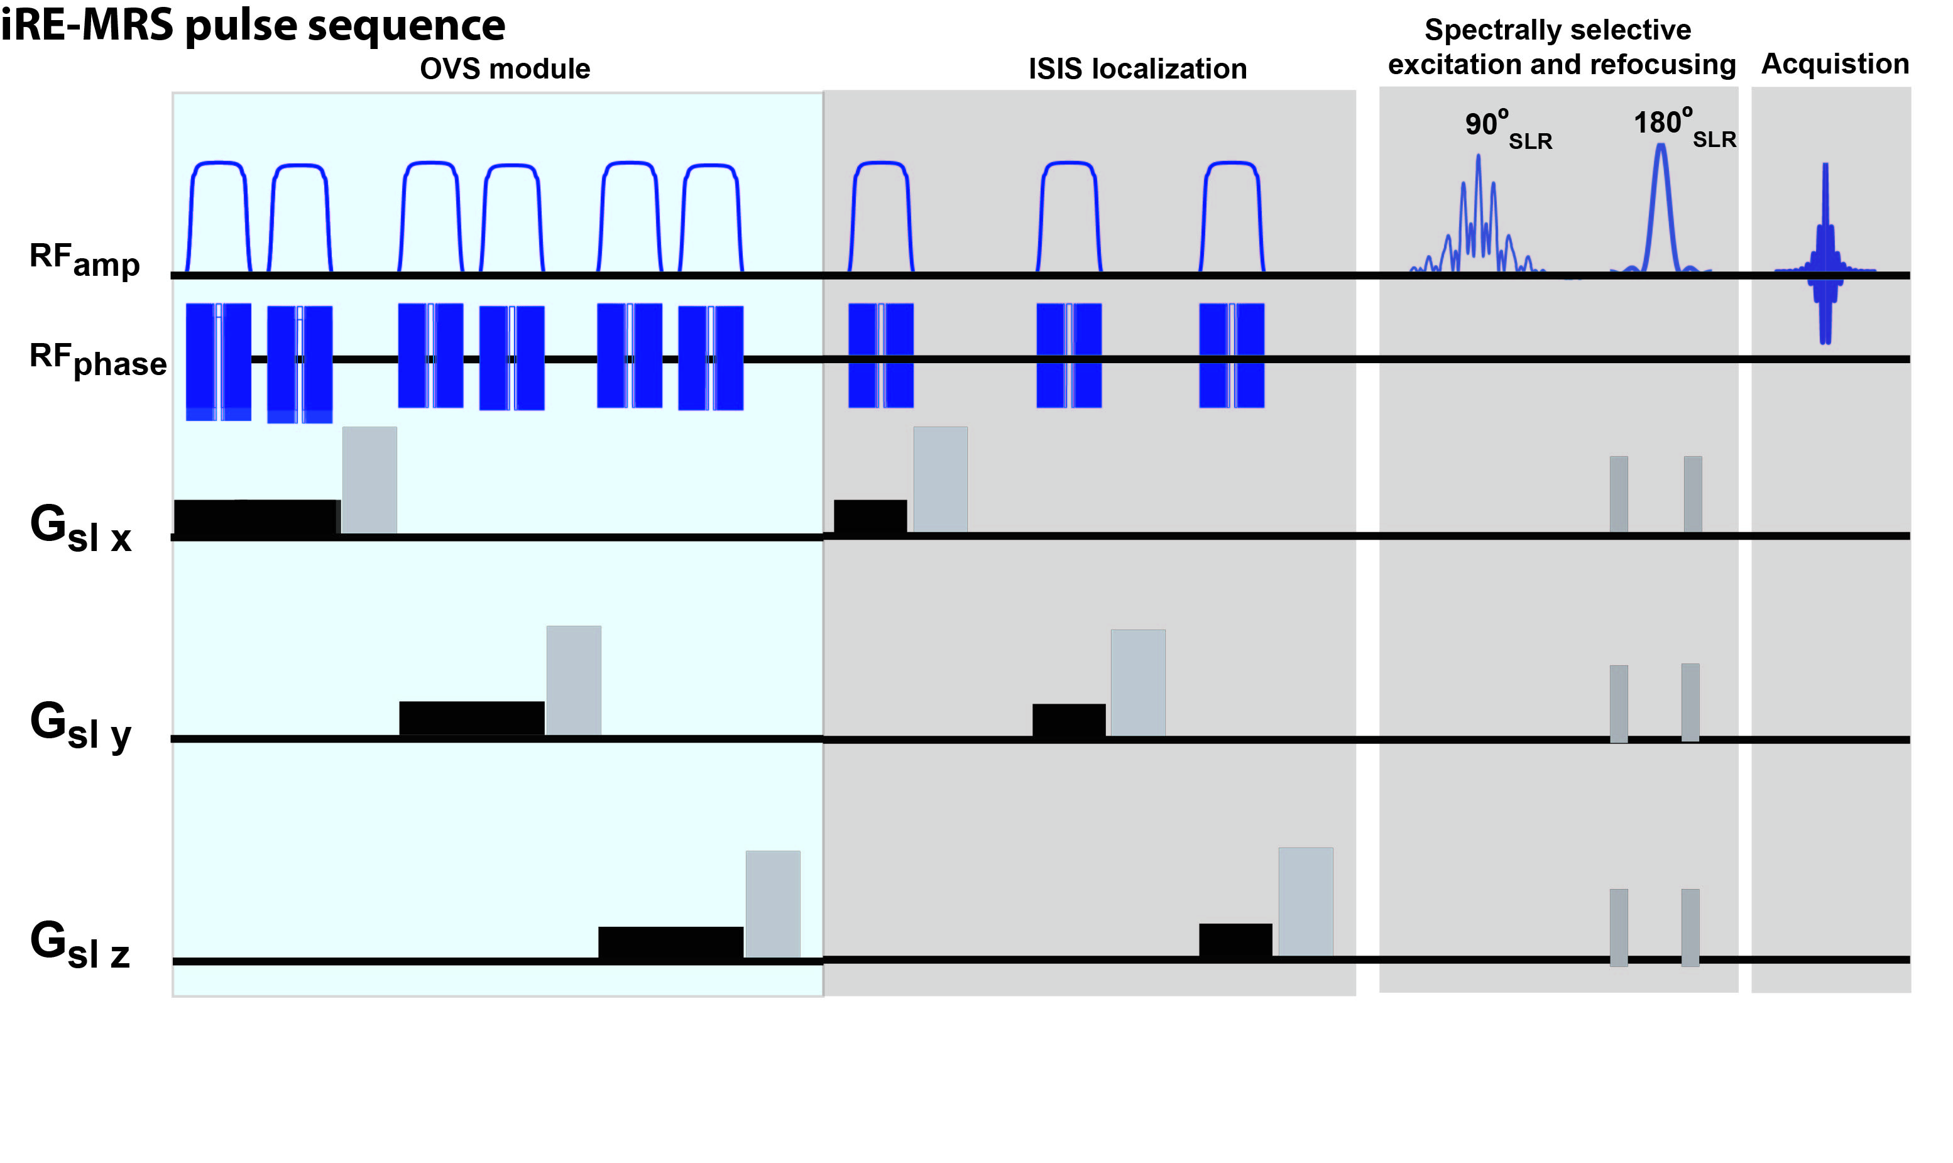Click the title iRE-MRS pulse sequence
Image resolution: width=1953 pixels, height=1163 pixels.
(253, 25)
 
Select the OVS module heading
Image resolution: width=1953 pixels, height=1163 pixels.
(505, 69)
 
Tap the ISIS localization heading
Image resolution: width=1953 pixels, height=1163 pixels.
(1137, 69)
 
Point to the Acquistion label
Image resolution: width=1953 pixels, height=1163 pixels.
(1835, 64)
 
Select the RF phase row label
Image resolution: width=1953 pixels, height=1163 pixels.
(97, 360)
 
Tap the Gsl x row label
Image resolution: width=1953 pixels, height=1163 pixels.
(80, 528)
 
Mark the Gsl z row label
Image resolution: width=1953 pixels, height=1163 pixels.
(80, 944)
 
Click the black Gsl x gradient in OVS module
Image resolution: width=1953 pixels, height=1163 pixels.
(257, 517)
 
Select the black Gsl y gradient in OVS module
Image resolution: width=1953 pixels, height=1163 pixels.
(472, 718)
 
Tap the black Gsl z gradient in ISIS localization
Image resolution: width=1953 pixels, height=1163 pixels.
(1235, 941)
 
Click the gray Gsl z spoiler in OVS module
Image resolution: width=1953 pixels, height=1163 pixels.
(773, 904)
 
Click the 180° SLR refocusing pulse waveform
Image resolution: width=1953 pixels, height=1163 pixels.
(1661, 212)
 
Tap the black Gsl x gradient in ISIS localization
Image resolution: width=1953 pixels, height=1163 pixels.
(870, 517)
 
